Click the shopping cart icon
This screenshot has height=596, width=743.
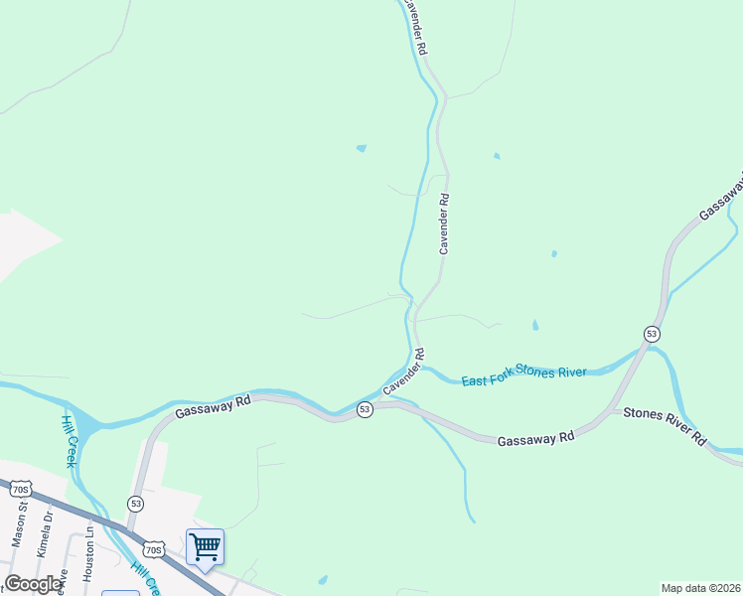click(x=205, y=545)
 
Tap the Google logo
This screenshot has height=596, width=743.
click(x=34, y=584)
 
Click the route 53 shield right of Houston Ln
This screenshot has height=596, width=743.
click(x=136, y=504)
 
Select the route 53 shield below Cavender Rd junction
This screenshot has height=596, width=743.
click(x=365, y=409)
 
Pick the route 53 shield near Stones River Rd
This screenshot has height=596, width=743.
click(x=651, y=333)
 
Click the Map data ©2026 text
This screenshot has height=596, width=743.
click(x=701, y=588)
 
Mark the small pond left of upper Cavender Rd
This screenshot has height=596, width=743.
click(x=361, y=149)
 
